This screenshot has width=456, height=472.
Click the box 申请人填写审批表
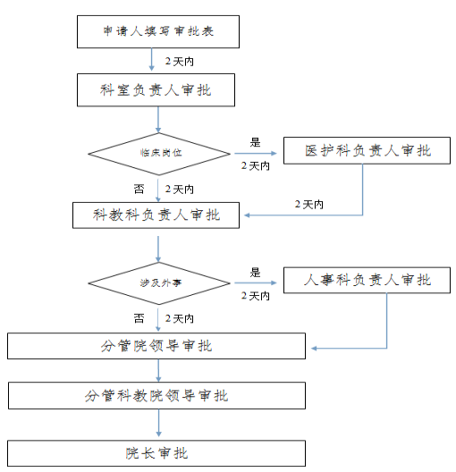point(158,31)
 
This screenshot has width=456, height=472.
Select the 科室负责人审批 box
point(156,89)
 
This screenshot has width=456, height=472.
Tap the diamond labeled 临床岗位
point(159,154)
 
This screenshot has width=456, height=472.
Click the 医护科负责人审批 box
point(367,150)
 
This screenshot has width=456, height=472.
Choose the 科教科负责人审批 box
point(156,215)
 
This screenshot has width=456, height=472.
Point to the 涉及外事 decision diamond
point(159,283)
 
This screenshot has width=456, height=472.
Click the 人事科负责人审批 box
point(367,280)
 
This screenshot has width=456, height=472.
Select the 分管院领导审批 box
point(156,346)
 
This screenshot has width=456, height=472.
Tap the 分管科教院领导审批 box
point(156,395)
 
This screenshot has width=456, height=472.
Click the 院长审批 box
point(156,453)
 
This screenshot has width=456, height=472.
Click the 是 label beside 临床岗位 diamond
point(255,142)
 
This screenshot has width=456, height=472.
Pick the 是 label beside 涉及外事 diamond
point(255,273)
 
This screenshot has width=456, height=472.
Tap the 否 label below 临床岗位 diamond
point(139,189)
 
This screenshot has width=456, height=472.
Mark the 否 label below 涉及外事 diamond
point(139,318)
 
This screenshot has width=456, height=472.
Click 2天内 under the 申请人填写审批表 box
point(180,62)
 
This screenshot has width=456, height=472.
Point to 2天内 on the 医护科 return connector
point(308,205)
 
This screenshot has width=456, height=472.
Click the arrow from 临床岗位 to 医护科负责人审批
point(256,154)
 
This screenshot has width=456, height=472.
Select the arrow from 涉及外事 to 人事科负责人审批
point(256,283)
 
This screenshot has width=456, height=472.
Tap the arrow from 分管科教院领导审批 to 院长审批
point(158,423)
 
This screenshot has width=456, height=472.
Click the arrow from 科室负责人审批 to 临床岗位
point(158,120)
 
